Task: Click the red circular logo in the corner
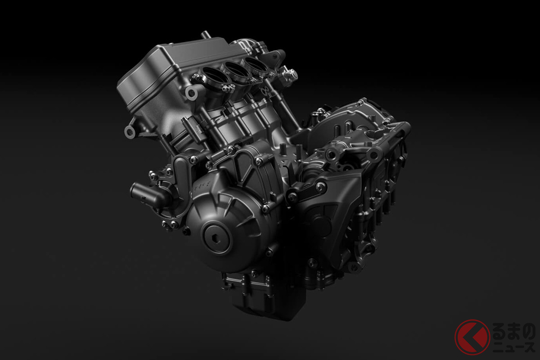pos(472,337)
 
